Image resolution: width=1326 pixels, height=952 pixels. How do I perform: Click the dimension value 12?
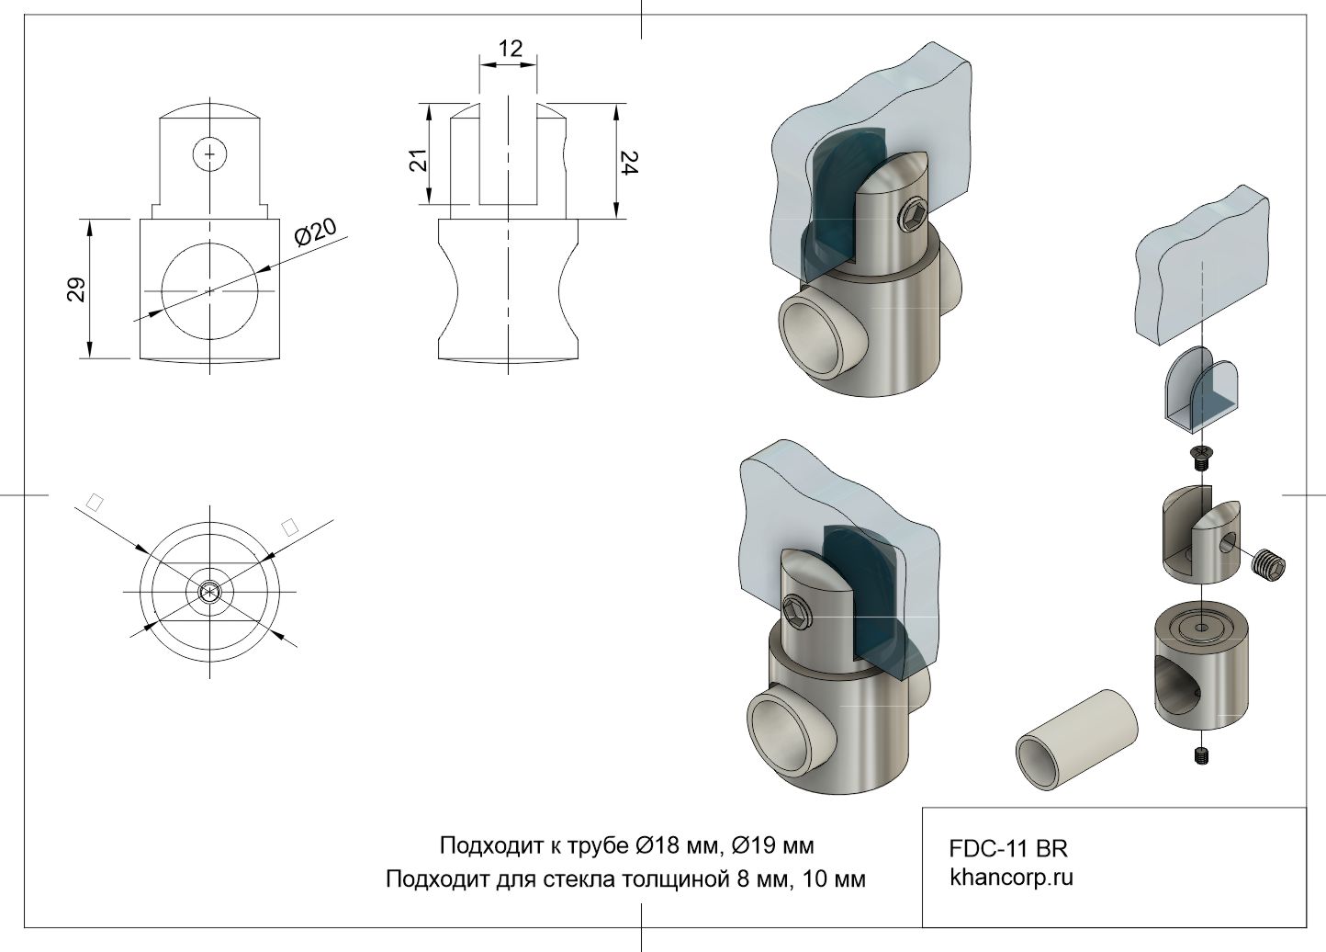click(x=510, y=48)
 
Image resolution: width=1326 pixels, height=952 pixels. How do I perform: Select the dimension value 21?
click(x=419, y=160)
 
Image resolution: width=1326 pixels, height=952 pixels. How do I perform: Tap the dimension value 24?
click(x=629, y=163)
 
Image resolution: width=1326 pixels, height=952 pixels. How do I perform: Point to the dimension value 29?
click(x=76, y=289)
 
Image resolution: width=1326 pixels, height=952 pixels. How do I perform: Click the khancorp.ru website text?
click(x=1011, y=877)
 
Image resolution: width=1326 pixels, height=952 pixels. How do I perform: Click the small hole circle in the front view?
click(x=210, y=153)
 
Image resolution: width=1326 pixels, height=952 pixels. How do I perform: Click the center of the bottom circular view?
click(x=211, y=593)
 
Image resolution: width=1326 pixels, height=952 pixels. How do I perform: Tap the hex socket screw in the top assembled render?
click(x=915, y=218)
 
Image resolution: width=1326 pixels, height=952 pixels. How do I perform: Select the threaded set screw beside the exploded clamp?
click(x=1269, y=562)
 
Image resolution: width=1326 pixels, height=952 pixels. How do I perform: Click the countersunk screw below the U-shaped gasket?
click(x=1199, y=454)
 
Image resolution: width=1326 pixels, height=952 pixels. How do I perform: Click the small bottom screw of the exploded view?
click(x=1201, y=755)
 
